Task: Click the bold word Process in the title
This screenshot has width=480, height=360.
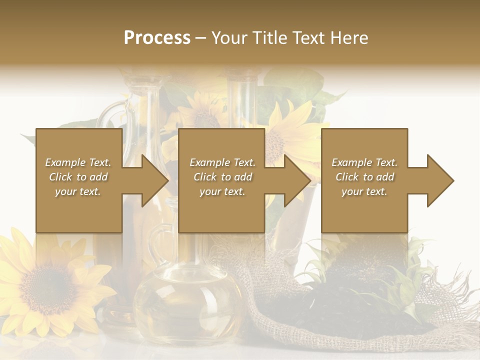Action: (157, 38)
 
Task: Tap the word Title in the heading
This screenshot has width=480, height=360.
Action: (268, 38)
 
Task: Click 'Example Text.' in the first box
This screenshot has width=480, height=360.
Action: (78, 162)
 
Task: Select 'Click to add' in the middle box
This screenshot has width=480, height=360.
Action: (222, 177)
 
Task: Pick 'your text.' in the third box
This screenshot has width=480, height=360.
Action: (364, 191)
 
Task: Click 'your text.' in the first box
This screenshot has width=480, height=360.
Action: (78, 191)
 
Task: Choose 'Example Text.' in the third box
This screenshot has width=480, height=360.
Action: (364, 162)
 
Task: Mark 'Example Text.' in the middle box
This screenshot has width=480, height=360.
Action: (222, 162)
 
